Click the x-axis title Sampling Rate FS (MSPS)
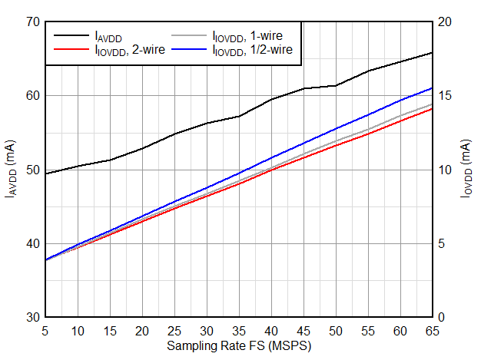[x=239, y=346]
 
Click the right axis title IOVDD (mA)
[x=466, y=169]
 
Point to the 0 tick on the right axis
[x=443, y=317]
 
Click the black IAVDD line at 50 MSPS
[x=336, y=85]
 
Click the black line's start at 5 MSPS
[x=46, y=173]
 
